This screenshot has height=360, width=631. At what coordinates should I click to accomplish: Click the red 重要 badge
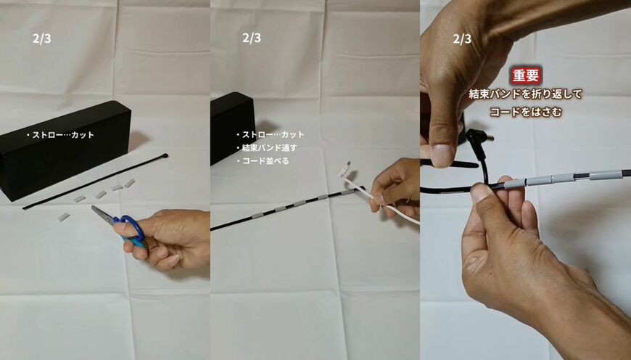click(x=526, y=76)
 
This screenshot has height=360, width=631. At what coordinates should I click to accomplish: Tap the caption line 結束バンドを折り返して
click(x=526, y=94)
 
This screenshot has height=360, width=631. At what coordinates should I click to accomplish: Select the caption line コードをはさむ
click(x=526, y=112)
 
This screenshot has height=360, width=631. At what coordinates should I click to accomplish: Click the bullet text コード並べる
click(x=263, y=161)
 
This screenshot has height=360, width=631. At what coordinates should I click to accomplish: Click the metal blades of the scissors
click(x=102, y=213)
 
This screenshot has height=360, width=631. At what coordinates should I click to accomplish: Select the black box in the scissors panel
click(x=65, y=150)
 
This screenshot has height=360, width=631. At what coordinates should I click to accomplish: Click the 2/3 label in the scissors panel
click(x=42, y=38)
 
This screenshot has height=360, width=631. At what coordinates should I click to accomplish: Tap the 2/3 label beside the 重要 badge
click(x=462, y=38)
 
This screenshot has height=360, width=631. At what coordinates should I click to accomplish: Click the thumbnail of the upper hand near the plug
click(x=442, y=155)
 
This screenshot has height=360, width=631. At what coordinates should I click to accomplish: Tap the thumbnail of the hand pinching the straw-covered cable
click(x=480, y=193)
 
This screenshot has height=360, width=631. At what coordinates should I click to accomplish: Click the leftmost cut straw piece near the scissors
click(x=64, y=218)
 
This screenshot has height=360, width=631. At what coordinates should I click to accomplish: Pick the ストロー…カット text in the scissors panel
click(x=60, y=135)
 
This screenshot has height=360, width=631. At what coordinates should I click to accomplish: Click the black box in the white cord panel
click(x=233, y=128)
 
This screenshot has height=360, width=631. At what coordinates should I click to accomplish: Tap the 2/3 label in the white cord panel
click(x=252, y=38)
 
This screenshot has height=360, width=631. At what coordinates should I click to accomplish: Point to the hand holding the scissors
click(x=165, y=240)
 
